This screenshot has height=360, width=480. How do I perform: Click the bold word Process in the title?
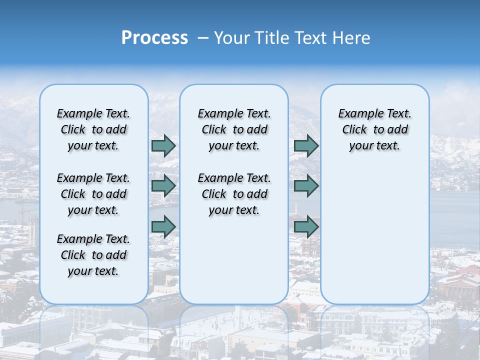pyautogui.click(x=154, y=38)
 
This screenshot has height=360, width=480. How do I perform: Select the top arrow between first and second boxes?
pyautogui.click(x=163, y=146)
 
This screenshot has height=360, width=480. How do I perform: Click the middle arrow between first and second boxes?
pyautogui.click(x=163, y=186)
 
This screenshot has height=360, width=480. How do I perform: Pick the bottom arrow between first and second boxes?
pyautogui.click(x=163, y=227)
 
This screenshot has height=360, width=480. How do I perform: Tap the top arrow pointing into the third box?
pyautogui.click(x=306, y=146)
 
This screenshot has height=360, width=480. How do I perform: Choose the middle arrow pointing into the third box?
pyautogui.click(x=306, y=186)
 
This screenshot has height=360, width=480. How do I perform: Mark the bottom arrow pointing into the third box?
pyautogui.click(x=306, y=227)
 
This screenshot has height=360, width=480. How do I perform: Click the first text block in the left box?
pyautogui.click(x=93, y=129)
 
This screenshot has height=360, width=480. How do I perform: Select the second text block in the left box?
pyautogui.click(x=93, y=194)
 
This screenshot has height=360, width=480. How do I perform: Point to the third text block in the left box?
pyautogui.click(x=93, y=255)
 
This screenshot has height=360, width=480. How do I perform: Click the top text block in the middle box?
pyautogui.click(x=234, y=129)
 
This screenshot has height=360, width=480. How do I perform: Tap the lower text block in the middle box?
pyautogui.click(x=234, y=194)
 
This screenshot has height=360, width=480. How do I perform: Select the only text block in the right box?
pyautogui.click(x=374, y=129)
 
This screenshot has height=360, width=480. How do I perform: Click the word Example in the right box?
pyautogui.click(x=356, y=114)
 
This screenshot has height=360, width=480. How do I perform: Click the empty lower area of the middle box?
pyautogui.click(x=234, y=260)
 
